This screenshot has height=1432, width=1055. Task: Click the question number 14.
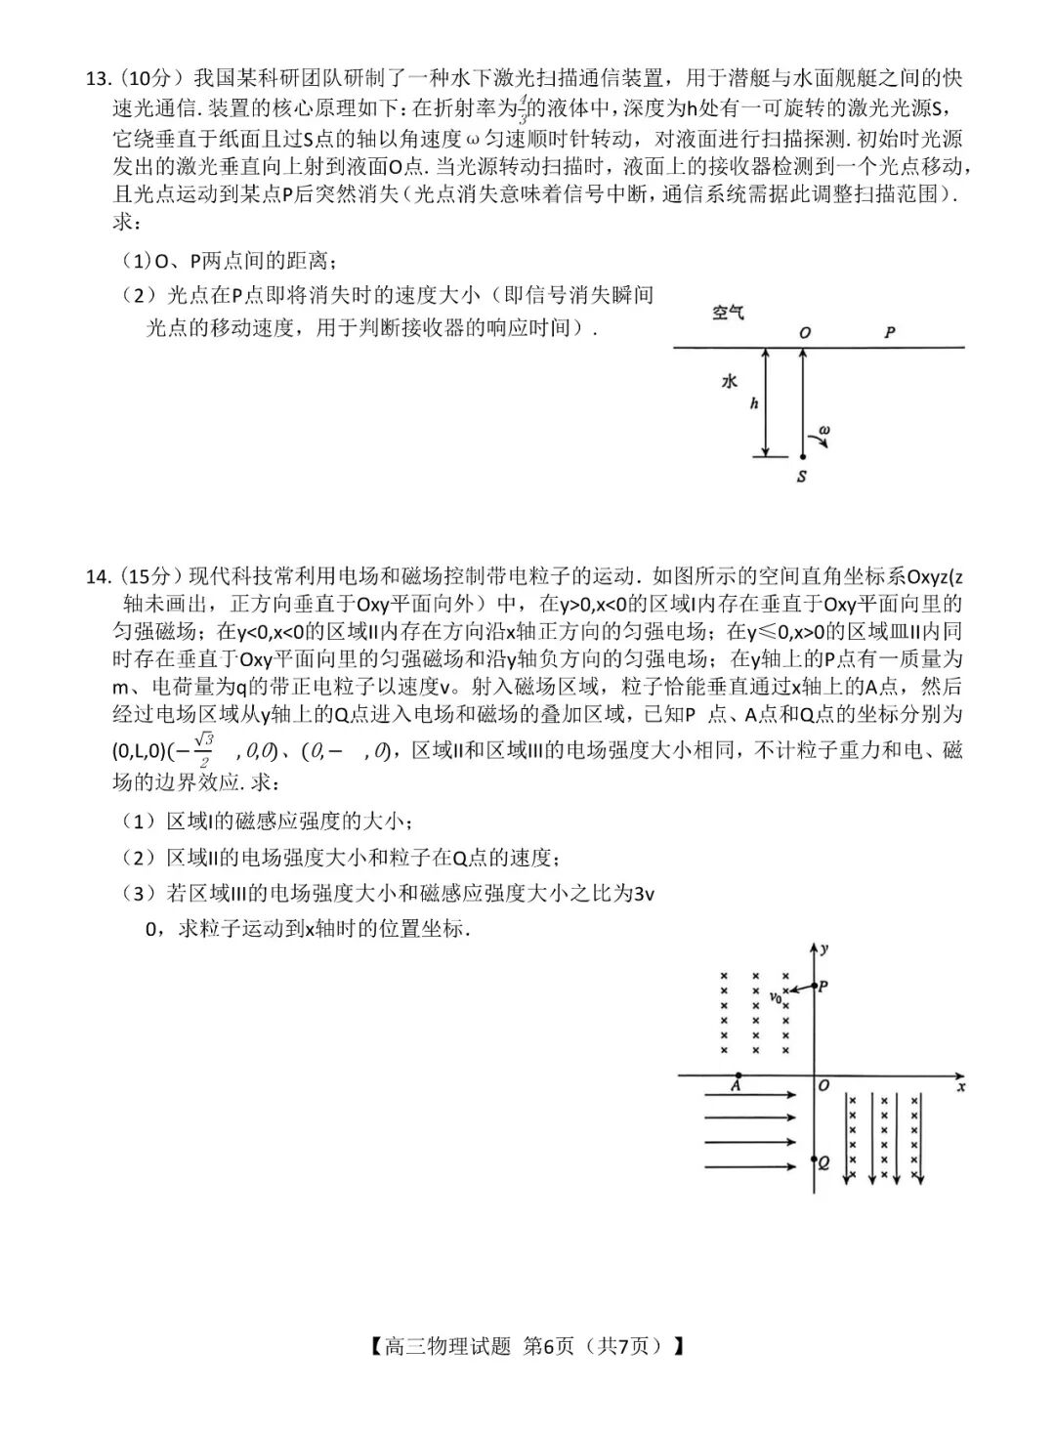(x=99, y=575)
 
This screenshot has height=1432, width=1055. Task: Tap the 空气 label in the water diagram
(x=727, y=314)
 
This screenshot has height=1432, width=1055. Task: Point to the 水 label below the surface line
(x=729, y=382)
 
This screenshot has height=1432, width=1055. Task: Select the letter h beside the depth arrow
(x=753, y=403)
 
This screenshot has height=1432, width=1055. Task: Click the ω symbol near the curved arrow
(x=824, y=429)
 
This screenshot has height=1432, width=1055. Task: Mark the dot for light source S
(x=802, y=456)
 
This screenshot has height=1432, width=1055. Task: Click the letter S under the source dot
(x=802, y=477)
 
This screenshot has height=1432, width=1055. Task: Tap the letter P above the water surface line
(x=890, y=332)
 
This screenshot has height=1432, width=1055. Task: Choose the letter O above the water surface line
(x=804, y=332)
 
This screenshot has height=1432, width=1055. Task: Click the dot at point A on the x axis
(x=738, y=1076)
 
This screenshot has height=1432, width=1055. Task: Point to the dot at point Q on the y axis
(x=814, y=1162)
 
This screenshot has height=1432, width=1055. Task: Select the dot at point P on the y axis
(x=814, y=988)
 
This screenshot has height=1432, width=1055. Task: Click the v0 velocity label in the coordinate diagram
(x=776, y=997)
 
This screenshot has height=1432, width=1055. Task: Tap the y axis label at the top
(x=826, y=948)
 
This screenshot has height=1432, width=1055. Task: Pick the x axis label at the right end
(x=961, y=1085)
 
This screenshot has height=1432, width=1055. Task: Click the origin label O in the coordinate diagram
(x=824, y=1085)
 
